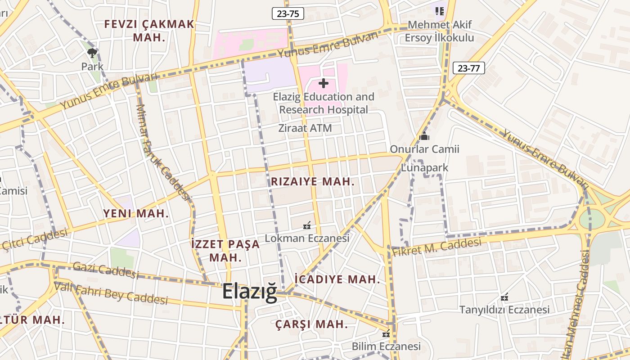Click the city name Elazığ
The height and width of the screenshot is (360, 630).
[250, 292]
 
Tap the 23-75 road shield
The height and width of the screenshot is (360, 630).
[288, 13]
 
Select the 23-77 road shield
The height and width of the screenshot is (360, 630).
[468, 68]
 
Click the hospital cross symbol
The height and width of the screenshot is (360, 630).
[323, 83]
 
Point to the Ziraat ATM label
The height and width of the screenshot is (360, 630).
[305, 128]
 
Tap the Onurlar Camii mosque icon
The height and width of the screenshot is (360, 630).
[424, 136]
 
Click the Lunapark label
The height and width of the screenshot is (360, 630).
[425, 168]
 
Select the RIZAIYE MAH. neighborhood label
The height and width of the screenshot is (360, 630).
[313, 182]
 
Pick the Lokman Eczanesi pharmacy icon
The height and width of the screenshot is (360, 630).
[307, 225]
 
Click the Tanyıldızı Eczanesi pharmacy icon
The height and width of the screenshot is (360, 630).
[504, 297]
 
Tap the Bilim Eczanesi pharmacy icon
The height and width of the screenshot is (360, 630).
[386, 333]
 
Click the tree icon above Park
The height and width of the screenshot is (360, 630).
[92, 53]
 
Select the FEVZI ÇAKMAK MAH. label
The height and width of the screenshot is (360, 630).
[149, 31]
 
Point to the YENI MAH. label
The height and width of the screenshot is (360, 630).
[136, 214]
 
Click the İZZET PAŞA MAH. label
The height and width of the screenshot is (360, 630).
[225, 251]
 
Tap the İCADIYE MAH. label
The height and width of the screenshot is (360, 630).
[337, 279]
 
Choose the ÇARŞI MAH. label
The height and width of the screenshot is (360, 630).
[312, 324]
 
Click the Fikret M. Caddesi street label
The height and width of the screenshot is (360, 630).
[436, 247]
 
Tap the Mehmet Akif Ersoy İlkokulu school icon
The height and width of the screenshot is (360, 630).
[439, 10]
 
